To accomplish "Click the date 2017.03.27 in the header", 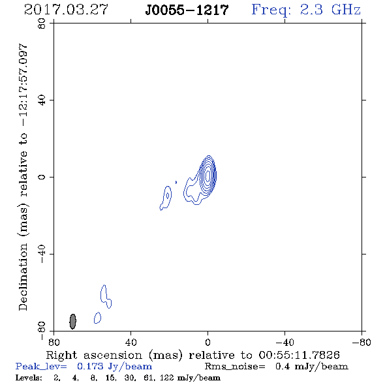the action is coord(66,10).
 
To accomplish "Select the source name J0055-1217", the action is coord(187,10).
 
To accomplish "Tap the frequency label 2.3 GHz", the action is coord(330,10).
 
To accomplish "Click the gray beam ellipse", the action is coord(72,321).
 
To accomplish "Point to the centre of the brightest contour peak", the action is coord(208,176).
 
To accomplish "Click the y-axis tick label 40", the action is coord(42,100).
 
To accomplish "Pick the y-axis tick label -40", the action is coord(42,254).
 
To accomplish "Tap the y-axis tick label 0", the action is coord(42,177).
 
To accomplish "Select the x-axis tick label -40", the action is coord(285,343).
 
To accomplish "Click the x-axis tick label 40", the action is coord(131,343).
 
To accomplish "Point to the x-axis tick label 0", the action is coord(208,343).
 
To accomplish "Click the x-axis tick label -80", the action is coord(362,343).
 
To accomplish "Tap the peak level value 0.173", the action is coord(90,366).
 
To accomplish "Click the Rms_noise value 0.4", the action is coord(283,366).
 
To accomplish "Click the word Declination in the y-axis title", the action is coord(23,277).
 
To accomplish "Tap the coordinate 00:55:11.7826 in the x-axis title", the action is coord(299,355).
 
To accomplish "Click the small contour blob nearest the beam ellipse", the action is coord(97,318).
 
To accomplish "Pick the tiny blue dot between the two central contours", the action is coord(176,182).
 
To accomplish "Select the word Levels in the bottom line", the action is coord(29,378).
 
